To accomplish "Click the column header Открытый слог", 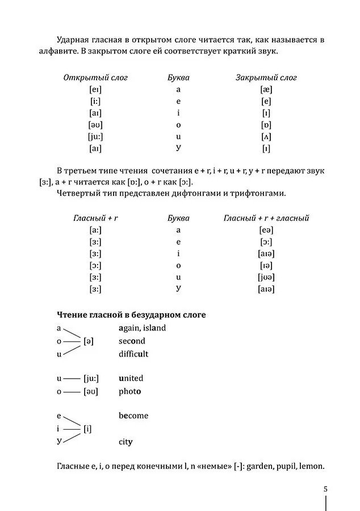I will pos(95,78).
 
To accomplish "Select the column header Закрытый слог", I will pos(266,78).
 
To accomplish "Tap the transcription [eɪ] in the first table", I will pos(95,90).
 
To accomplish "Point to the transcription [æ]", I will pos(266,90).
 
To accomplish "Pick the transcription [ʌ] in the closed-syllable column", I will pos(266,137).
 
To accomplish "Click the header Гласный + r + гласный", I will pos(266,218).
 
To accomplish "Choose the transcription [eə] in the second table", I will pos(266,230).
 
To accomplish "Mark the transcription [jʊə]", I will pos(266,277).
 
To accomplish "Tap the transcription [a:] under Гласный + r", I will pos(95,230).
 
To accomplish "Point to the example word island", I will pos(154,328).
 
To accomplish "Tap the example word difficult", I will pos(133,354).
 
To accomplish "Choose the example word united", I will pos(131,378).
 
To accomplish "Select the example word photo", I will pos(130,391).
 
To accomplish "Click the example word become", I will pos(133,416).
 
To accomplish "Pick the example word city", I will pos(125,442).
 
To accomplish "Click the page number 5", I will pos(325,488).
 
